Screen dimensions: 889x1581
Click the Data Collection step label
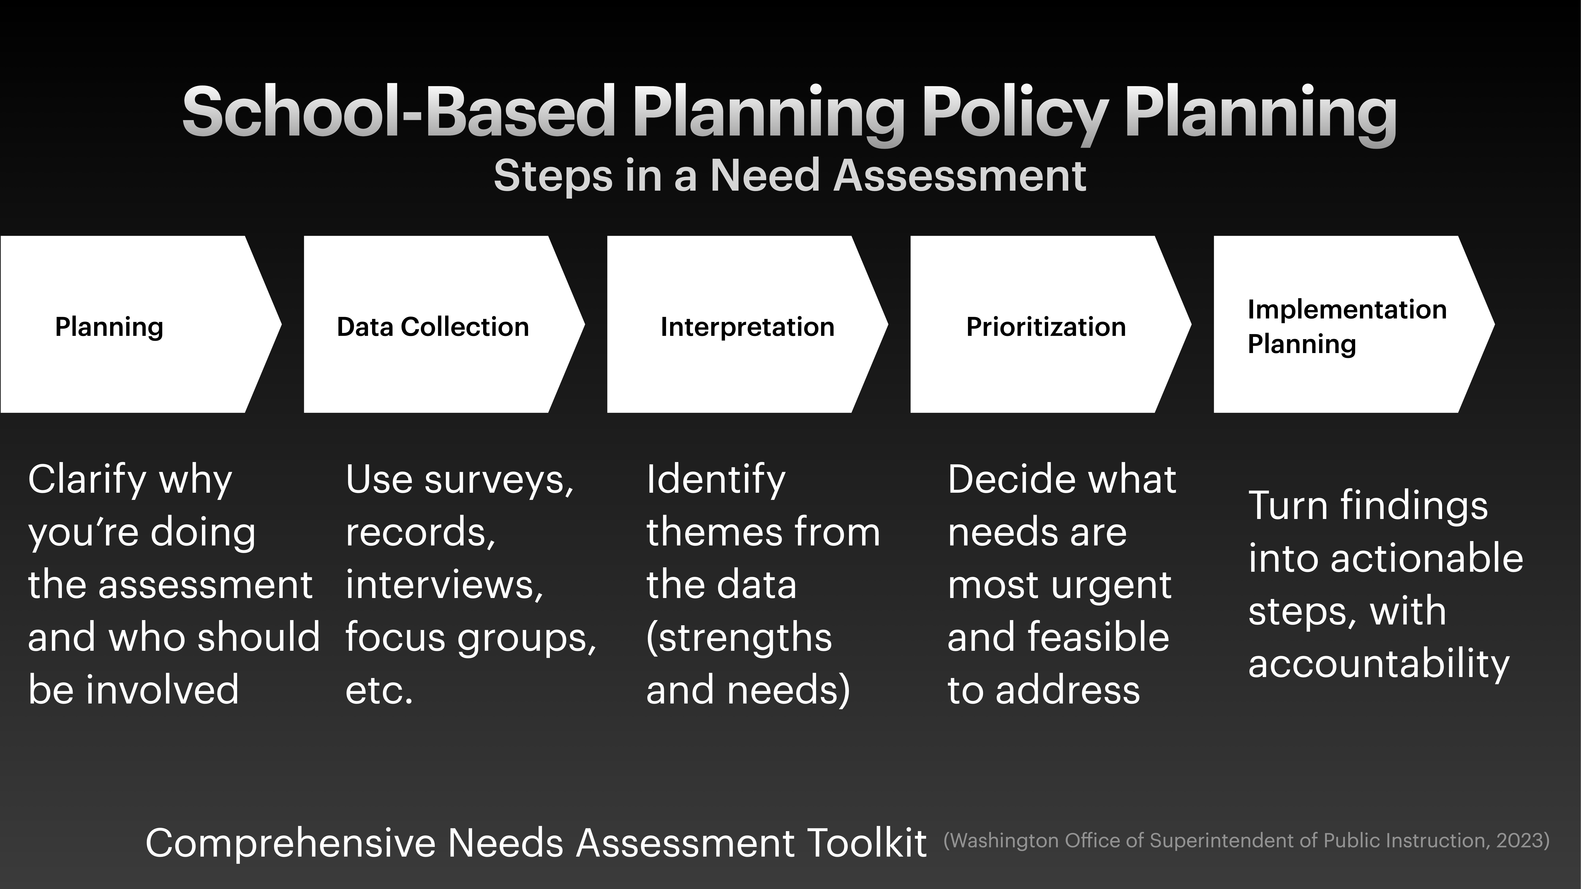(x=433, y=327)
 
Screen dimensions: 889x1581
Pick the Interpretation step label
(x=747, y=327)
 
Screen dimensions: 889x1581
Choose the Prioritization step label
(x=1046, y=327)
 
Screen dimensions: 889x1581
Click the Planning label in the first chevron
(x=109, y=327)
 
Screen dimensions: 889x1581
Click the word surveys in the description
(x=498, y=480)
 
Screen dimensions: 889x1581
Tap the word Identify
(x=716, y=480)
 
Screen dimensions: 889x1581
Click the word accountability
(x=1378, y=664)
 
